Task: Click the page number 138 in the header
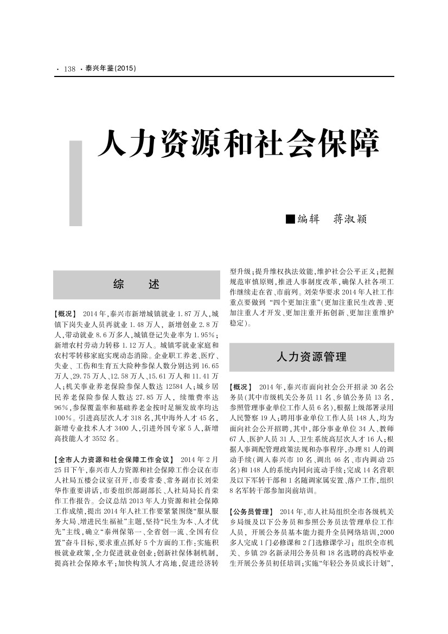coord(69,69)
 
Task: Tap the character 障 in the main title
coord(362,143)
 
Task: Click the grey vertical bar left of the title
coord(76,183)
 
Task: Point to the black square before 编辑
coord(290,219)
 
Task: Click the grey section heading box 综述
coord(137,284)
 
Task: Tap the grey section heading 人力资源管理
coord(311,356)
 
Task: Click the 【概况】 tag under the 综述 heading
coord(66,314)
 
